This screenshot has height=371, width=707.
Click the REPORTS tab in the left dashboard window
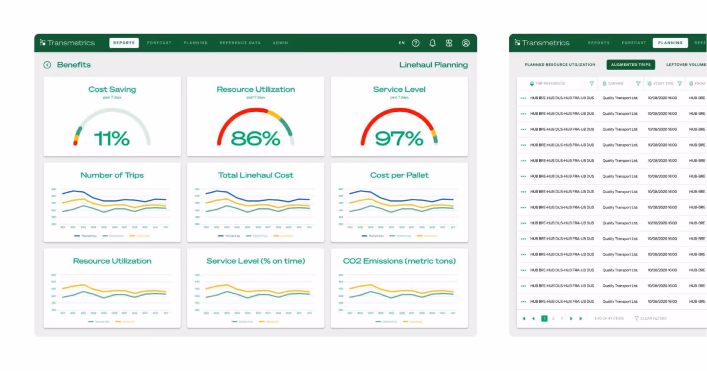(124, 43)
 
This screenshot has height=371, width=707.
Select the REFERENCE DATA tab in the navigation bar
(240, 43)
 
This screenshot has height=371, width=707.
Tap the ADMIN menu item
(280, 43)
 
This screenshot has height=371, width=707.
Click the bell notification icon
(432, 43)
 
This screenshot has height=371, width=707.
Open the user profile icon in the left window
(465, 43)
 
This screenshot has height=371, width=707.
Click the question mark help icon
(416, 43)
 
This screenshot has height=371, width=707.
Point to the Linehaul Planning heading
(433, 65)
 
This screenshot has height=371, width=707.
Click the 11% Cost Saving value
(112, 139)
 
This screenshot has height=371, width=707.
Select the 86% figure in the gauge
(255, 139)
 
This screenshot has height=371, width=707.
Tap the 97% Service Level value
(399, 139)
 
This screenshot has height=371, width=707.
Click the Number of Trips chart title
(112, 175)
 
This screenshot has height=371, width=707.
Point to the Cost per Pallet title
(399, 175)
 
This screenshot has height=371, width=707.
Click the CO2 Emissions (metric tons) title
(399, 261)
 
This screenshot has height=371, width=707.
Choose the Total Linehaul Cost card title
(255, 175)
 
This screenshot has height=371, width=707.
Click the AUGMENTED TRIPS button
(630, 65)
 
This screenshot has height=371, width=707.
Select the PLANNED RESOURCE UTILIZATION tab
(560, 65)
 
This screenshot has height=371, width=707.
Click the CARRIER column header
(616, 84)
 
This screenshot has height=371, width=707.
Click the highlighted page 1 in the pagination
(544, 319)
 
